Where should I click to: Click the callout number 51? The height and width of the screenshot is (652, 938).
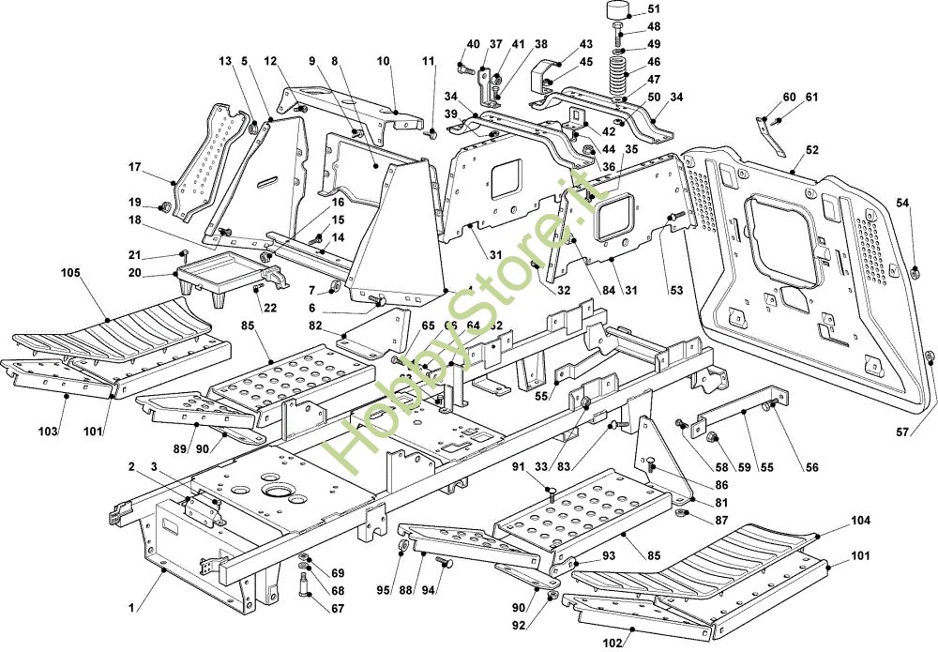(x=654, y=10)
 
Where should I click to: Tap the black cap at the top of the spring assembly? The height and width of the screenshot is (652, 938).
(x=616, y=11)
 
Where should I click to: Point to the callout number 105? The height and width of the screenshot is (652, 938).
(x=71, y=273)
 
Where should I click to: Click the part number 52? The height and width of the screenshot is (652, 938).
(x=811, y=150)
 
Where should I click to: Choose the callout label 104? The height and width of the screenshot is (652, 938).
(x=861, y=520)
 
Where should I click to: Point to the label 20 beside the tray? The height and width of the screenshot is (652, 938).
(x=134, y=273)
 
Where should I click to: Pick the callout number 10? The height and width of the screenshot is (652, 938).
(x=384, y=61)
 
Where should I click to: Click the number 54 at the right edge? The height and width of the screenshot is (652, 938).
(x=901, y=203)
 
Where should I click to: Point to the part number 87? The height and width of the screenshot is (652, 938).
(x=720, y=520)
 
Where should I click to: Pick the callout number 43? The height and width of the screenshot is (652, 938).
(x=586, y=44)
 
